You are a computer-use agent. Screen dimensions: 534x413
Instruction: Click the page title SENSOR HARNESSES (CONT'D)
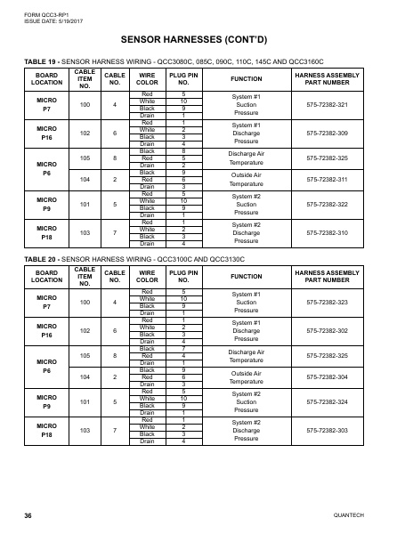[x=206, y=40]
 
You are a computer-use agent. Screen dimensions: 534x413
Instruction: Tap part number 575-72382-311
[x=339, y=180]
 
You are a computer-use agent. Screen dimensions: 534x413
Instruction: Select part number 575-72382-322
[x=339, y=204]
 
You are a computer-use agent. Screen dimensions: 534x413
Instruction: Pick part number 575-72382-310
[x=339, y=232]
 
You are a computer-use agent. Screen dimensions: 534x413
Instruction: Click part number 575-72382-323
[x=339, y=302]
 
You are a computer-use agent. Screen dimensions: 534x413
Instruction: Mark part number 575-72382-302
[x=339, y=330]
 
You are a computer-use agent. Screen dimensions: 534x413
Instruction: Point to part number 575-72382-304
[x=339, y=376]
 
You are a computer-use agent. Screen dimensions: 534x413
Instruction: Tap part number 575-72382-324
[x=339, y=400]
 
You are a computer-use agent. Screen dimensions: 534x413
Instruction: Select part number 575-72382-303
[x=339, y=429]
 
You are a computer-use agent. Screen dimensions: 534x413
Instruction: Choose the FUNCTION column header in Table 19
[x=246, y=78]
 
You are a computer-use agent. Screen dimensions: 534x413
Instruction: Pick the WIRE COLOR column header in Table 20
[x=149, y=275]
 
